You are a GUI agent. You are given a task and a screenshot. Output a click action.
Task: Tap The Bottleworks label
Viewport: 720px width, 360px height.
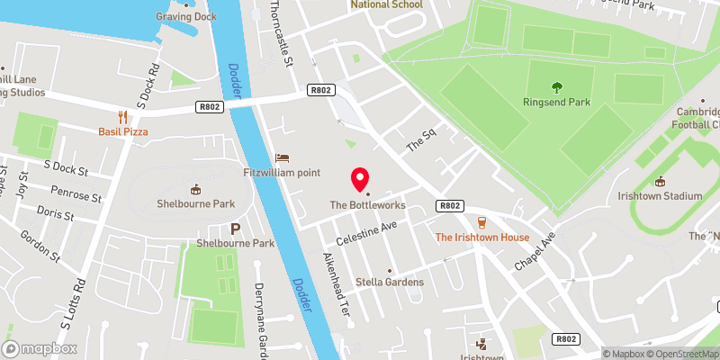point(367,205)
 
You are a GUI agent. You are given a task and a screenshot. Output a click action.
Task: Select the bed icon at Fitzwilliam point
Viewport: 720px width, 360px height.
point(283,157)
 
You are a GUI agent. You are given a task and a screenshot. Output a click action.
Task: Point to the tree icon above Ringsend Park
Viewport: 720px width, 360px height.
point(556,87)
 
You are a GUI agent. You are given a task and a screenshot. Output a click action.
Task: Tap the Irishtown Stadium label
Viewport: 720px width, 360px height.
point(660,195)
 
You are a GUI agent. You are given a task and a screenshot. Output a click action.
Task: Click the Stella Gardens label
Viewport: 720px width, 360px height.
point(389,282)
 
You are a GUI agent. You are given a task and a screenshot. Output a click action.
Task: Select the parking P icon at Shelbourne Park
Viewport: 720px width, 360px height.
point(236,229)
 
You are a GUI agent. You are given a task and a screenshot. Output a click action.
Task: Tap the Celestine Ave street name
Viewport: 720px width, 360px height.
point(366,236)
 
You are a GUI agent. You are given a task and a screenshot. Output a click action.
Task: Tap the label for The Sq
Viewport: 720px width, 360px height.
point(420,140)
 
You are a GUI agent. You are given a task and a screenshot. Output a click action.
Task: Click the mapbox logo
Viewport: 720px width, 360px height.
point(40,348)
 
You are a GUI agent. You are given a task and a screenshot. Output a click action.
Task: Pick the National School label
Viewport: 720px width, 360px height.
point(386,4)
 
